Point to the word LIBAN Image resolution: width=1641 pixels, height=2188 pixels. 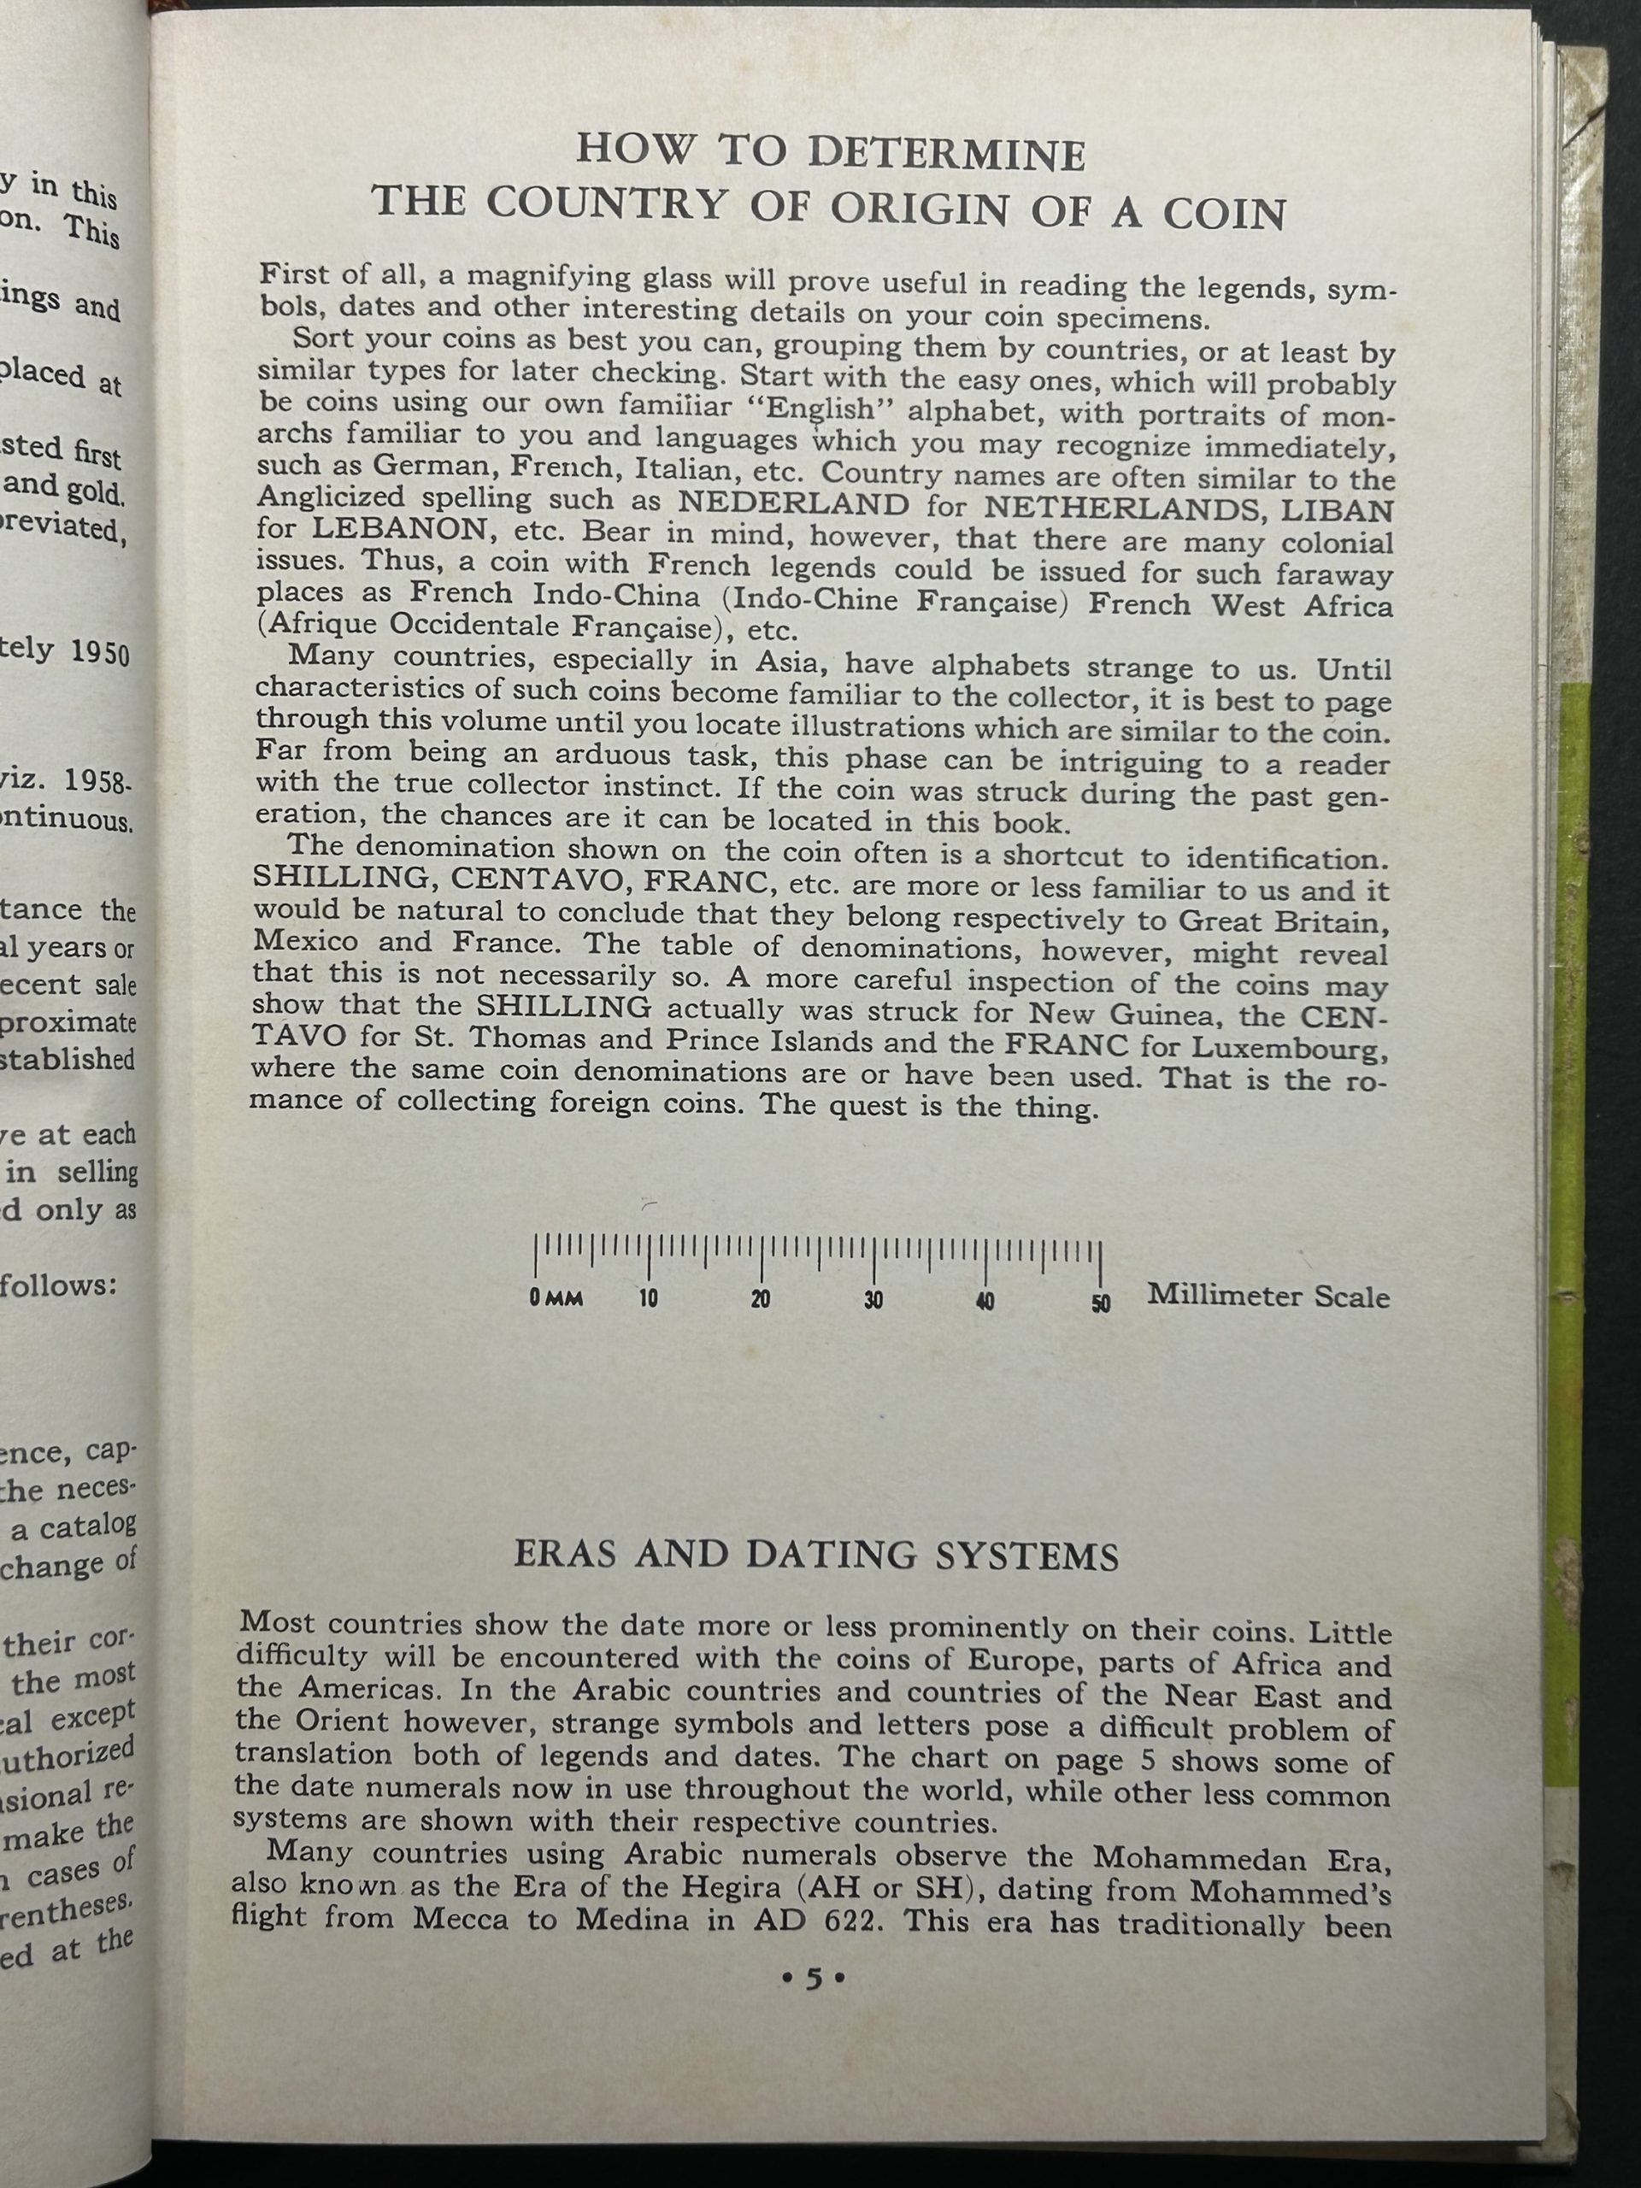click(1340, 511)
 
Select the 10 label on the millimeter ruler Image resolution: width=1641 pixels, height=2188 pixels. click(648, 1300)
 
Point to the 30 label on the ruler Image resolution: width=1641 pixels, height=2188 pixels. click(873, 1301)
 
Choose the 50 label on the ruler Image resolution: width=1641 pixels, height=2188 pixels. click(1101, 1303)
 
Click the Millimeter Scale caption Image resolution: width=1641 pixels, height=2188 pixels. click(1268, 1296)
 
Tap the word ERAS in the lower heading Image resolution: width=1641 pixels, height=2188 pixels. click(564, 1556)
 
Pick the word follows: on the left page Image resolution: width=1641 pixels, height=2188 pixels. click(59, 1286)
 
